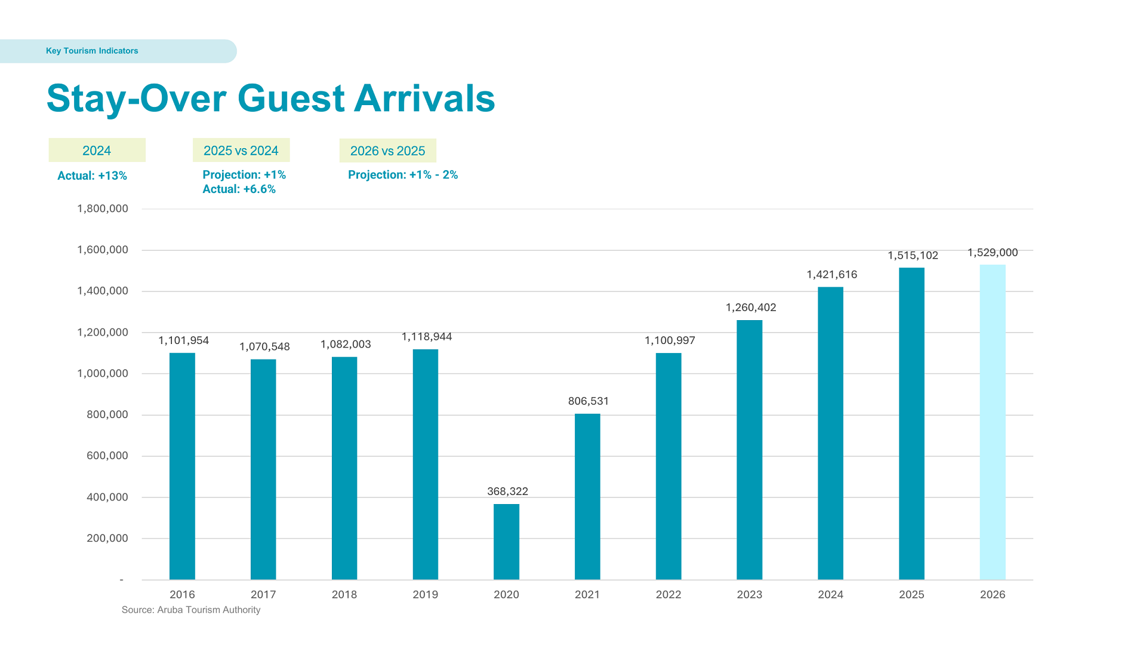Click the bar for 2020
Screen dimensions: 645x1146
(506, 541)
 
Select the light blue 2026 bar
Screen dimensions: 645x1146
(992, 422)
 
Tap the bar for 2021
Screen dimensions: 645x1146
(587, 496)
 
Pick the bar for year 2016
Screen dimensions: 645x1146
(182, 466)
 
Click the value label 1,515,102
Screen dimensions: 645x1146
(913, 256)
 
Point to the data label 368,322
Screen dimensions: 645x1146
(507, 492)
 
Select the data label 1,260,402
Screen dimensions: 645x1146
(751, 308)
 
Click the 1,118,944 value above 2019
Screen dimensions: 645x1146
(426, 337)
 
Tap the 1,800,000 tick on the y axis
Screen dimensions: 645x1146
(103, 208)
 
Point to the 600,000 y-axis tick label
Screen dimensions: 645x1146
(107, 456)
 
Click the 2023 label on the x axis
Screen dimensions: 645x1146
(749, 594)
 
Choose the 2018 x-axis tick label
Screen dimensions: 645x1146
(344, 594)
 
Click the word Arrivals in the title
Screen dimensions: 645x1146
(424, 98)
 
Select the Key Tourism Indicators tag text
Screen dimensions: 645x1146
(92, 51)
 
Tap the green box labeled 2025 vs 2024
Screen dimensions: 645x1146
(241, 150)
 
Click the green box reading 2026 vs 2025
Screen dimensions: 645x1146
(387, 150)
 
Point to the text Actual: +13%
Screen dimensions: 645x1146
(92, 176)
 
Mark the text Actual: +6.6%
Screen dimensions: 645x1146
(239, 189)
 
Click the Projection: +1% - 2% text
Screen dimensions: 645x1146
(403, 175)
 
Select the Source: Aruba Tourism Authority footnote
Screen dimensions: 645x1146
(191, 610)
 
